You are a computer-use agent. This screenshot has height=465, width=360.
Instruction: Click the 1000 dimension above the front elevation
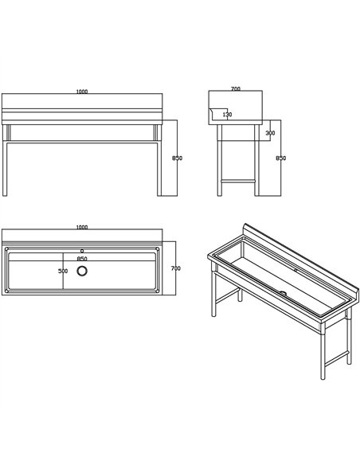point(82,92)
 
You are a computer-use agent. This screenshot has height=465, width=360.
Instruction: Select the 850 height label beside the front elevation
point(177,158)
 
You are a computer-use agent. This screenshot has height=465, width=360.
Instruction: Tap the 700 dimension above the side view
point(236,88)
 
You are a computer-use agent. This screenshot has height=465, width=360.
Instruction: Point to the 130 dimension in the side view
point(227,114)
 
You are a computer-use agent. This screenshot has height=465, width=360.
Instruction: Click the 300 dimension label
point(270,133)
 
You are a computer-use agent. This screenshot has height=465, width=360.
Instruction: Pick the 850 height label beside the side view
point(281,158)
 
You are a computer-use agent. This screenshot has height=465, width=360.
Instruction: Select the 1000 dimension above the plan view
point(82,227)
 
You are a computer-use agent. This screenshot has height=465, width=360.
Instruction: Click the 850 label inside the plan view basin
point(82,259)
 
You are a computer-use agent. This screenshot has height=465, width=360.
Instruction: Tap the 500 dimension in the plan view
point(63,271)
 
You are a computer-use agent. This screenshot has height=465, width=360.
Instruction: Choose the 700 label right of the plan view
point(175,268)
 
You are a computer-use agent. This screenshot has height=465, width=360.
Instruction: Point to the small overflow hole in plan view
point(82,251)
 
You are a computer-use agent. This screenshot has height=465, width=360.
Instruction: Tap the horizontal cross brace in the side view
point(238,181)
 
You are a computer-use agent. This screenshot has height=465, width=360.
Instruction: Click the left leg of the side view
point(220,160)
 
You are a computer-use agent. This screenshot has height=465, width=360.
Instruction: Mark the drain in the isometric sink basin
point(284,293)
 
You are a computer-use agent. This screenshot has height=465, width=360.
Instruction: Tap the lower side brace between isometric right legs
point(337,358)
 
